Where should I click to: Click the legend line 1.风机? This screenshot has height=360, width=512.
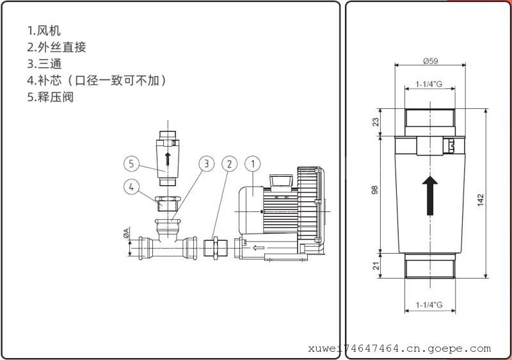(45, 30)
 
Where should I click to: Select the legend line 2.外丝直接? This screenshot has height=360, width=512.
(56, 47)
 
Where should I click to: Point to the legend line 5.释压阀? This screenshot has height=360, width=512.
(51, 98)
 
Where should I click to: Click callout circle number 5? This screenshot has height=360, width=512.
(131, 164)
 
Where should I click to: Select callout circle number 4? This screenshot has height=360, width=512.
(131, 187)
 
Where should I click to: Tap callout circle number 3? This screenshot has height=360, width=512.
(205, 163)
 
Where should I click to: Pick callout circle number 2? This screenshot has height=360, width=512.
(230, 163)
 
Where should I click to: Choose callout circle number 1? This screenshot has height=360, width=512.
(253, 163)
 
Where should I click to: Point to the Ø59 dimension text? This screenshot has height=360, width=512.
(429, 61)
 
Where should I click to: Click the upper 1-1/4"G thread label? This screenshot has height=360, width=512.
(429, 84)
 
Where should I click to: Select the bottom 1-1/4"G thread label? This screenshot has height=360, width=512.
(429, 304)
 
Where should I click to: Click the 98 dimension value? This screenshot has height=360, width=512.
(376, 190)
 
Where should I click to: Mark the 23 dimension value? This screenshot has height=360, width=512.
(376, 121)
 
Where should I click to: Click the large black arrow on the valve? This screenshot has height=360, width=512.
(430, 195)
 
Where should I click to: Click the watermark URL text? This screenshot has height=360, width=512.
(399, 349)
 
